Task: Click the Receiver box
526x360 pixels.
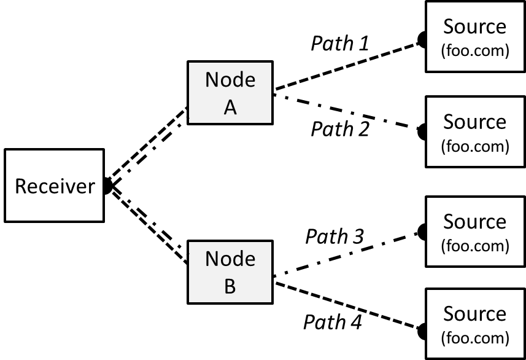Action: click(x=54, y=186)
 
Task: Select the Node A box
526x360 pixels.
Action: click(x=230, y=93)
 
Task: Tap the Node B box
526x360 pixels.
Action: click(x=230, y=272)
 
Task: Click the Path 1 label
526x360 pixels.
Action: click(x=340, y=43)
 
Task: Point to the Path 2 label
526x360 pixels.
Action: click(x=340, y=129)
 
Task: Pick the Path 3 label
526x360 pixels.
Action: click(x=335, y=236)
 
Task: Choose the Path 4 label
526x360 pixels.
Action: click(x=332, y=321)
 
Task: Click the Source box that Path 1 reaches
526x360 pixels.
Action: click(x=475, y=37)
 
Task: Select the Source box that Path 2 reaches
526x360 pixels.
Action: click(x=475, y=131)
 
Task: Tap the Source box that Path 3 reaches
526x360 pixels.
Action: click(x=475, y=231)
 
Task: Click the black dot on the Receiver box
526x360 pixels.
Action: click(x=106, y=186)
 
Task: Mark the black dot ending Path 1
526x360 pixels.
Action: click(x=422, y=41)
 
